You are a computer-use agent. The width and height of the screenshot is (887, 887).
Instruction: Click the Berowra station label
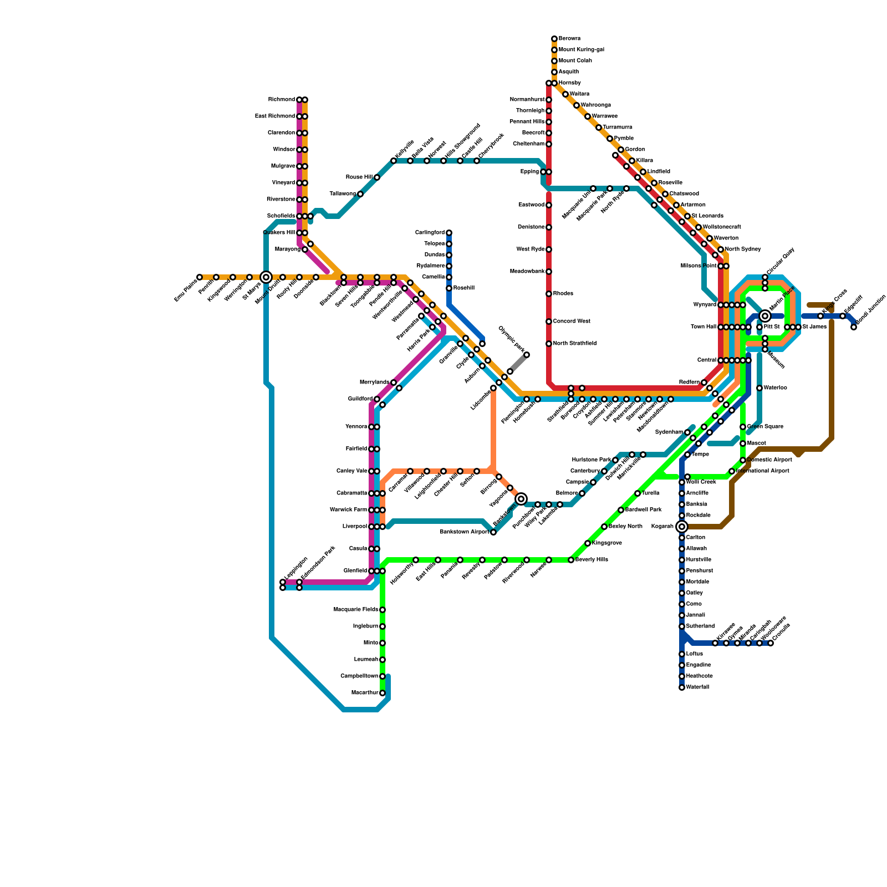click(569, 39)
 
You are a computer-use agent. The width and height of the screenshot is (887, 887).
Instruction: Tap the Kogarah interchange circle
click(682, 527)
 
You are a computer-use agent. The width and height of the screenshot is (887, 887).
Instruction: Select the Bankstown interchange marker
click(521, 499)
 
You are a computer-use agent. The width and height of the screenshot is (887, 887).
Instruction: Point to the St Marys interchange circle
click(266, 277)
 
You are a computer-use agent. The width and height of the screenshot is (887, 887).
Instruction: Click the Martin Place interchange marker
click(765, 316)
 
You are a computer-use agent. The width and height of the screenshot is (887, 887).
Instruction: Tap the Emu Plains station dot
click(200, 277)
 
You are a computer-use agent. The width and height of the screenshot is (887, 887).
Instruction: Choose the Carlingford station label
click(430, 233)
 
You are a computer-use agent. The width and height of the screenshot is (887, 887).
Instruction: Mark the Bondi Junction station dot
click(854, 327)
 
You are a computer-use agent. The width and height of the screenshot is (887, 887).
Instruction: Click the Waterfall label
click(697, 687)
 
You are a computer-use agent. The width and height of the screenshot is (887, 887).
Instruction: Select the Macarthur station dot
click(383, 693)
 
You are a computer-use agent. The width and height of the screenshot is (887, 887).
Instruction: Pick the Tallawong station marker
click(360, 194)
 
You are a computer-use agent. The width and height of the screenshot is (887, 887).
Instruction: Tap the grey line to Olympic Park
click(518, 363)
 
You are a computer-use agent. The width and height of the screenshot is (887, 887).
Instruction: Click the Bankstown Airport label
click(465, 532)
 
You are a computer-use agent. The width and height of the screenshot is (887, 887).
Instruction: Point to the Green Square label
click(765, 427)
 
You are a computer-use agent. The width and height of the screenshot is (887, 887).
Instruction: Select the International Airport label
click(763, 471)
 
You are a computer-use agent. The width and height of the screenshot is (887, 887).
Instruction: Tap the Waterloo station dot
click(759, 388)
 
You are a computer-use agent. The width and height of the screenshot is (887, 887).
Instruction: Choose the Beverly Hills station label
click(592, 560)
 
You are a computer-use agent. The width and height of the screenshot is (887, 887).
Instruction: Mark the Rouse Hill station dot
click(377, 177)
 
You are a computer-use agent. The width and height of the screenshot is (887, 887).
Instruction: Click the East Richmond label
click(275, 116)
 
